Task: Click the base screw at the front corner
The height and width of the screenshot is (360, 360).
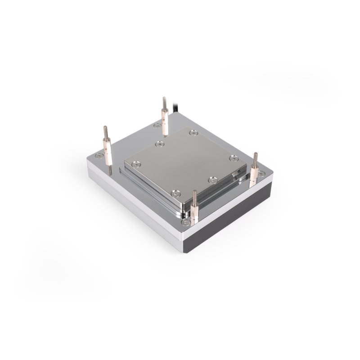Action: pos(184,222)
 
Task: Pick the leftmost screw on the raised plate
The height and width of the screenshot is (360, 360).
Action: pos(158,144)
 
